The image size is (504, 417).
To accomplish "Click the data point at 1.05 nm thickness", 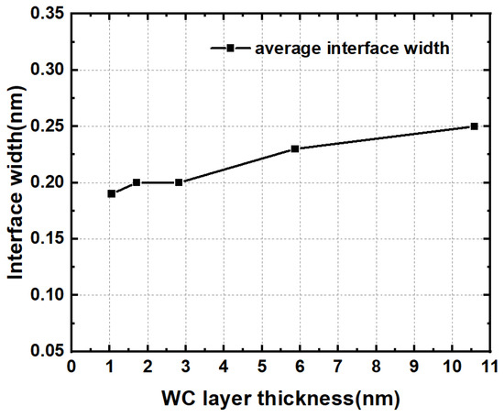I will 111,193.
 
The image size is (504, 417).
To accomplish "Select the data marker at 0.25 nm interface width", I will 474,126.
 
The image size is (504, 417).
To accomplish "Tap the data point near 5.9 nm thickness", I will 295,148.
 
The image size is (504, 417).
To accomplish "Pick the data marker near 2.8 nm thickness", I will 179,182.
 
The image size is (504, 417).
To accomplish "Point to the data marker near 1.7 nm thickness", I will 137,182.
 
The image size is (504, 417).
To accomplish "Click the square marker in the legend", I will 232,49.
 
